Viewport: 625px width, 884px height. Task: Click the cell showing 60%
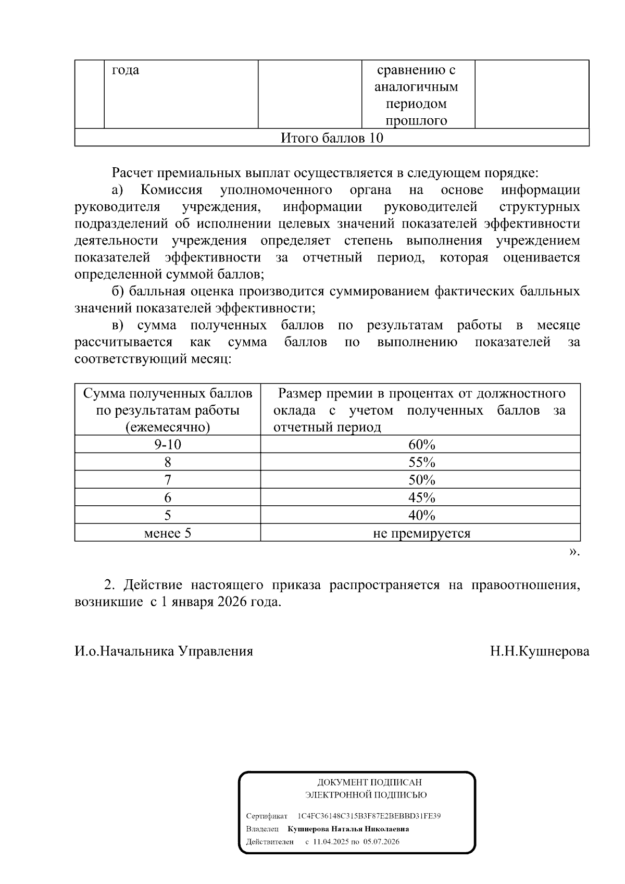[x=421, y=445]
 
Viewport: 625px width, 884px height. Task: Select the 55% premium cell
[x=421, y=463]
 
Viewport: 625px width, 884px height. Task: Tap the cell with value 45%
[x=421, y=497]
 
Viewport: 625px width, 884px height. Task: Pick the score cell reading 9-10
[x=167, y=445]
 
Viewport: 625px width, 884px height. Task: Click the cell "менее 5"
[x=167, y=533]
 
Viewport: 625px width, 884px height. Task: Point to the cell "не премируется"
[x=421, y=533]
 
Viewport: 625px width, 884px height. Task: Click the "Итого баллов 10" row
[x=332, y=138]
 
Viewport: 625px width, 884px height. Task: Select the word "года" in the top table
[x=126, y=70]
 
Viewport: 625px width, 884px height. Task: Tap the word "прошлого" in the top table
[x=416, y=121]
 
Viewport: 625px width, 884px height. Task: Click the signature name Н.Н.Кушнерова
[x=540, y=651]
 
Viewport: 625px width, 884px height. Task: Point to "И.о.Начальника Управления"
[x=164, y=651]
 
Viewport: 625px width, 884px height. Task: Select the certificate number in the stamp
[x=369, y=816]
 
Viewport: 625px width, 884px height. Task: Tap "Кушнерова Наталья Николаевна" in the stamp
[x=348, y=829]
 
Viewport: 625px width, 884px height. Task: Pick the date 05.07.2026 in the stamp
[x=381, y=842]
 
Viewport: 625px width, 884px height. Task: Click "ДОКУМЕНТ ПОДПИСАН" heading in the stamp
[x=369, y=782]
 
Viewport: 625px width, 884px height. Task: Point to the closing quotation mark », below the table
[x=573, y=551]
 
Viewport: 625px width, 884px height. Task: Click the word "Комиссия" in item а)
[x=171, y=190]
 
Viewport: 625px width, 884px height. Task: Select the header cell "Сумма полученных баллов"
[x=167, y=393]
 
